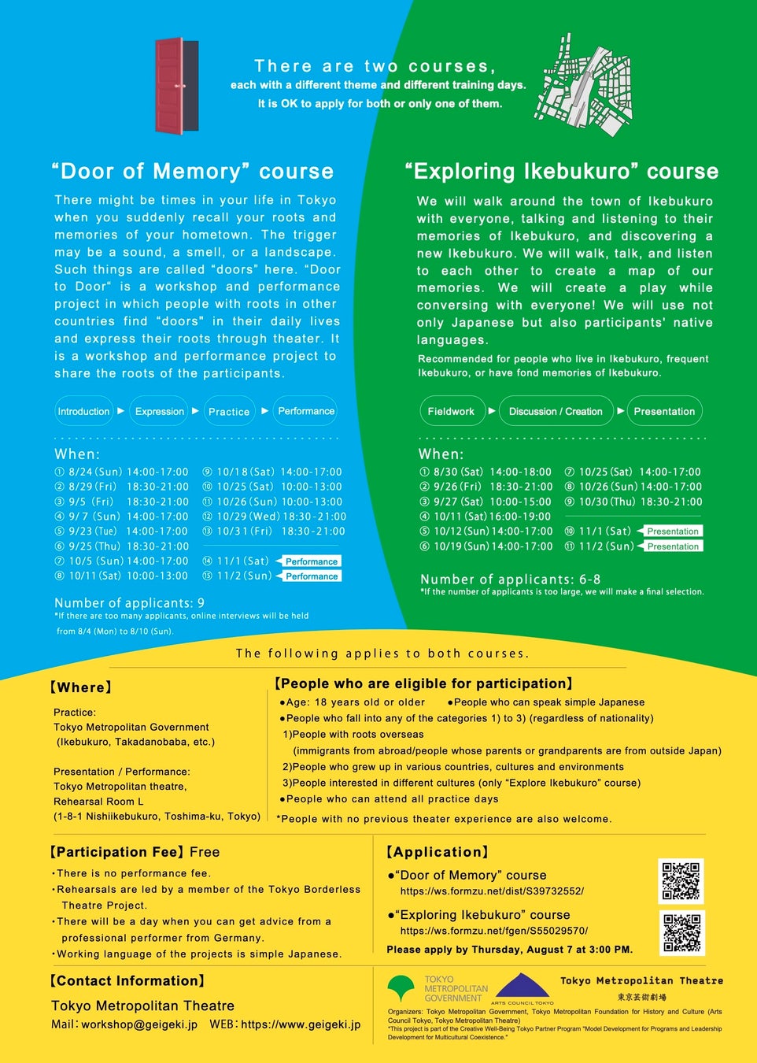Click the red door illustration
coord(177,85)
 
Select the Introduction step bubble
coord(83,411)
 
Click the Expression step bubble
coord(160,411)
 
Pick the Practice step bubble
coord(229,411)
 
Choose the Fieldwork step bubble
coord(451,411)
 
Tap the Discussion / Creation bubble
coord(556,411)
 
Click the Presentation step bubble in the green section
coord(664,411)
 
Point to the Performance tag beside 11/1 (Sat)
coord(312,561)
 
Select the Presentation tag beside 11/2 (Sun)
coord(673,546)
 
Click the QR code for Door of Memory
coord(681,881)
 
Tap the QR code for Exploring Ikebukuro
coord(681,932)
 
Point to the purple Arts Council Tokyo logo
coord(523,987)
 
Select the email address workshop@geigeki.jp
coord(139,1024)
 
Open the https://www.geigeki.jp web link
coord(301,1024)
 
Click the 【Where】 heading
coord(81,687)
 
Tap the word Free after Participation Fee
coord(205,852)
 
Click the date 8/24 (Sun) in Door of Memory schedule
coord(95,472)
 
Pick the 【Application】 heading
coord(438,852)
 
